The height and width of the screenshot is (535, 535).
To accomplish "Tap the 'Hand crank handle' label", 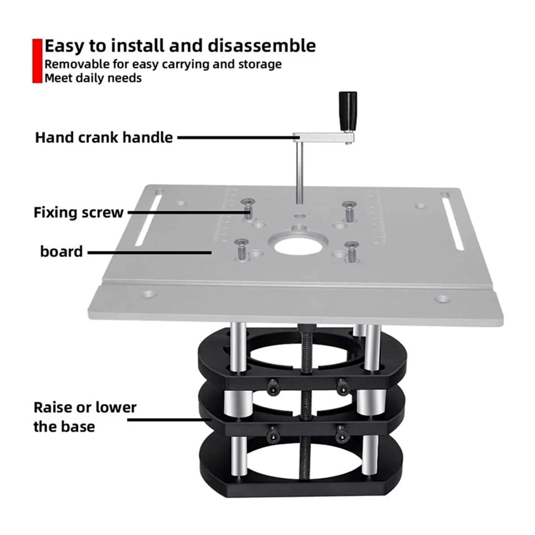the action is (x=104, y=138).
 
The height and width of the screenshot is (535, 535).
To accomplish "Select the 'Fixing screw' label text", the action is (x=78, y=212).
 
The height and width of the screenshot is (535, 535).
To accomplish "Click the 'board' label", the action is (x=62, y=251).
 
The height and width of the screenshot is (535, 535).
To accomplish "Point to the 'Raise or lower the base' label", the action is (x=85, y=417).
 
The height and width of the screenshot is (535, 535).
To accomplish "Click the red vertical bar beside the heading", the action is (x=37, y=61).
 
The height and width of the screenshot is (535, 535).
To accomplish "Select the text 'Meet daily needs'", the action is (x=93, y=78).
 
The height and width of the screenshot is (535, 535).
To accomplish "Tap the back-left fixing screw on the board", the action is (x=247, y=209).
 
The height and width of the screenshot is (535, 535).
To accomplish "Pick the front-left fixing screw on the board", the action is (x=240, y=249).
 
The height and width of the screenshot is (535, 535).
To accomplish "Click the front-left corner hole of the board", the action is (x=150, y=294).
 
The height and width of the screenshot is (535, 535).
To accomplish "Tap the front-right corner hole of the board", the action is (x=442, y=298).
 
